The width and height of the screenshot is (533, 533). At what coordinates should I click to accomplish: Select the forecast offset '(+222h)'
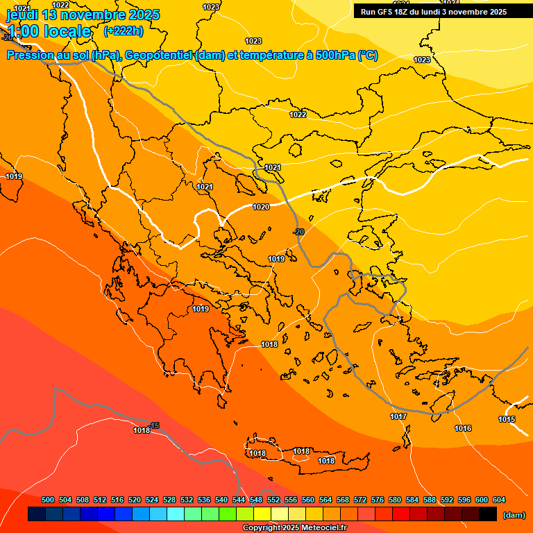(123, 31)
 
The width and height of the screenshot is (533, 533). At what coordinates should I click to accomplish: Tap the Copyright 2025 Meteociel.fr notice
(294, 527)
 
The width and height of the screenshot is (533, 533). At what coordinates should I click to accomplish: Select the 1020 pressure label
(261, 207)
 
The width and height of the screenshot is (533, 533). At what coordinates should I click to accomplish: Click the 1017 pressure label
(398, 416)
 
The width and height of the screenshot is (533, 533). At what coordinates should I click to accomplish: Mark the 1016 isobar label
(463, 428)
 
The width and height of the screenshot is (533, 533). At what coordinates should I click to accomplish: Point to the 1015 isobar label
(507, 419)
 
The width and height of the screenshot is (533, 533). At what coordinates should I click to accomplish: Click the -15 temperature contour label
(154, 425)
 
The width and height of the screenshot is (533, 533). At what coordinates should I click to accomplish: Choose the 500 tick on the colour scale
(48, 500)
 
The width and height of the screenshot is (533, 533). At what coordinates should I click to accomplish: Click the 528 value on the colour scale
(169, 500)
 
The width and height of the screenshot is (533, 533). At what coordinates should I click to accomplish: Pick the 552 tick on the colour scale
(273, 500)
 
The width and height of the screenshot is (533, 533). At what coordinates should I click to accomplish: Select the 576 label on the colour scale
(378, 500)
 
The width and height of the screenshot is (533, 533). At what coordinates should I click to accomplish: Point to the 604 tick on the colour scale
(498, 500)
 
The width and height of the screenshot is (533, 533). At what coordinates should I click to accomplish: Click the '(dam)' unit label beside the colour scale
(514, 514)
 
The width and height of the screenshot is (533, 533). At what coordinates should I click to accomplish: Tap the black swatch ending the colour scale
(488, 514)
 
